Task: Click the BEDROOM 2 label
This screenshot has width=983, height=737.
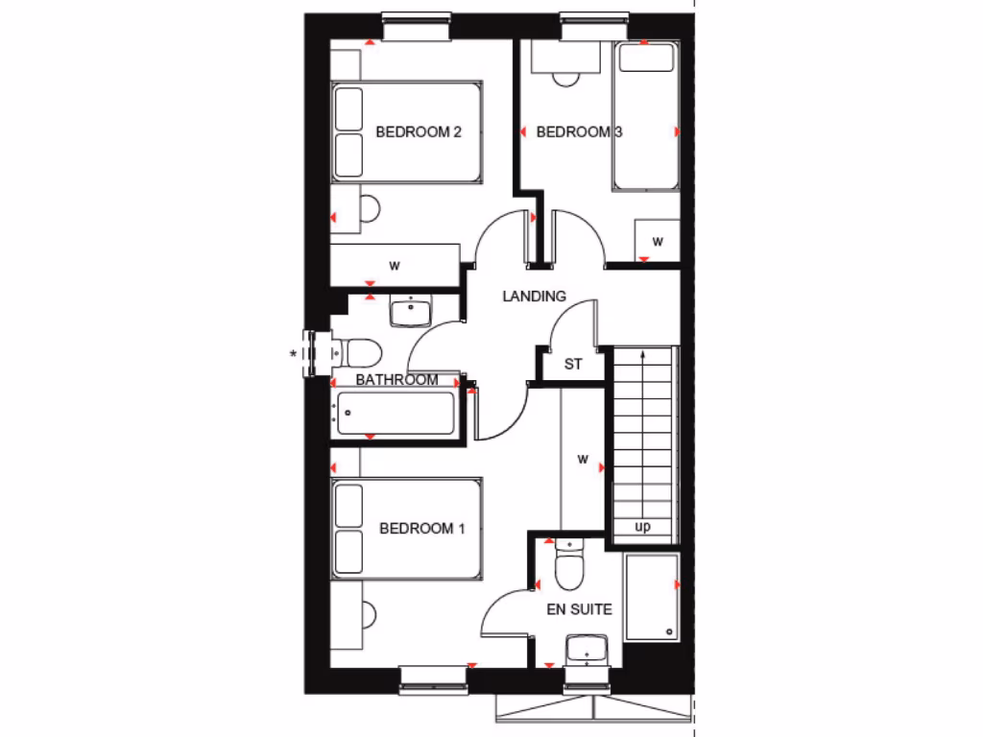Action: pyautogui.click(x=418, y=132)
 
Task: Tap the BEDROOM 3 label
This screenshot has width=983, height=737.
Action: pyautogui.click(x=579, y=132)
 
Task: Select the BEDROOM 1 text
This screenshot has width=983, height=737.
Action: pyautogui.click(x=422, y=529)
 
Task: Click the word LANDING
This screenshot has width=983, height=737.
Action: pyautogui.click(x=535, y=297)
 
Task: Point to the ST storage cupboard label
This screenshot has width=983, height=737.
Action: pyautogui.click(x=573, y=365)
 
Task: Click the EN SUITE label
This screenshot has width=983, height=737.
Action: pyautogui.click(x=579, y=609)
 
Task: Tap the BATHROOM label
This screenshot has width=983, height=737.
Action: pyautogui.click(x=396, y=380)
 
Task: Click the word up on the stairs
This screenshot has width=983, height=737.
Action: pyautogui.click(x=642, y=527)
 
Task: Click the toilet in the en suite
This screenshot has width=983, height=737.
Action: pyautogui.click(x=568, y=566)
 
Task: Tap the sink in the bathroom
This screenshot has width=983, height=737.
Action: pyautogui.click(x=412, y=311)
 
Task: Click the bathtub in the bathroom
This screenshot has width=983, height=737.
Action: pyautogui.click(x=396, y=414)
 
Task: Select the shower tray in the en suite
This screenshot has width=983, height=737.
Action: pyautogui.click(x=651, y=597)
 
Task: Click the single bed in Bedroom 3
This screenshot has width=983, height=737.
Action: pyautogui.click(x=646, y=116)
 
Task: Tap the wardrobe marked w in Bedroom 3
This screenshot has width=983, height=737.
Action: pyautogui.click(x=658, y=241)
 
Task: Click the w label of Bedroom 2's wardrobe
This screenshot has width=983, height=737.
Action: pyautogui.click(x=395, y=265)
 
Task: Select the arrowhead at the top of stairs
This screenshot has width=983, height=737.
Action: pyautogui.click(x=642, y=356)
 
